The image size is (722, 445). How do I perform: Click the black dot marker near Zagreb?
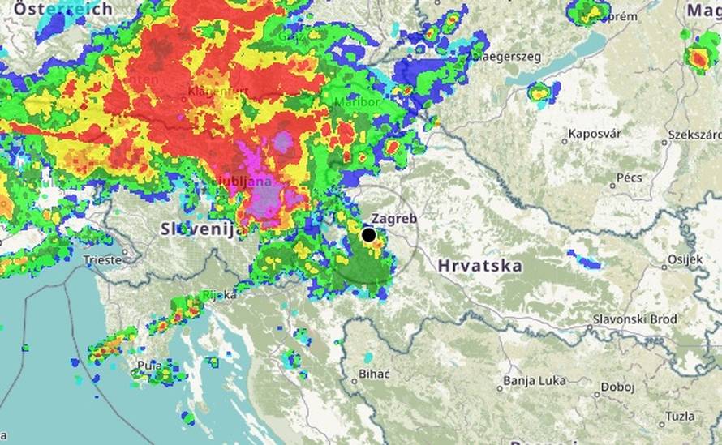coord(368,235)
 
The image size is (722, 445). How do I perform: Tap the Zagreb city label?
coord(394,219)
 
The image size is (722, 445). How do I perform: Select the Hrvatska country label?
coord(479,265)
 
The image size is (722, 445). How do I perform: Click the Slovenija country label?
coord(203,229)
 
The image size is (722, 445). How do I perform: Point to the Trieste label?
coord(103,260)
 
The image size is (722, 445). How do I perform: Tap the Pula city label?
coord(149,366)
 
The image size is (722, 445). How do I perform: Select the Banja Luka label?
coord(531,380)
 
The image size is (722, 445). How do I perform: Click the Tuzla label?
coord(679,416)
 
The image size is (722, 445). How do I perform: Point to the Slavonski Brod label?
coord(634,320)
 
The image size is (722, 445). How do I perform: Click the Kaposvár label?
coord(595,134)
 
